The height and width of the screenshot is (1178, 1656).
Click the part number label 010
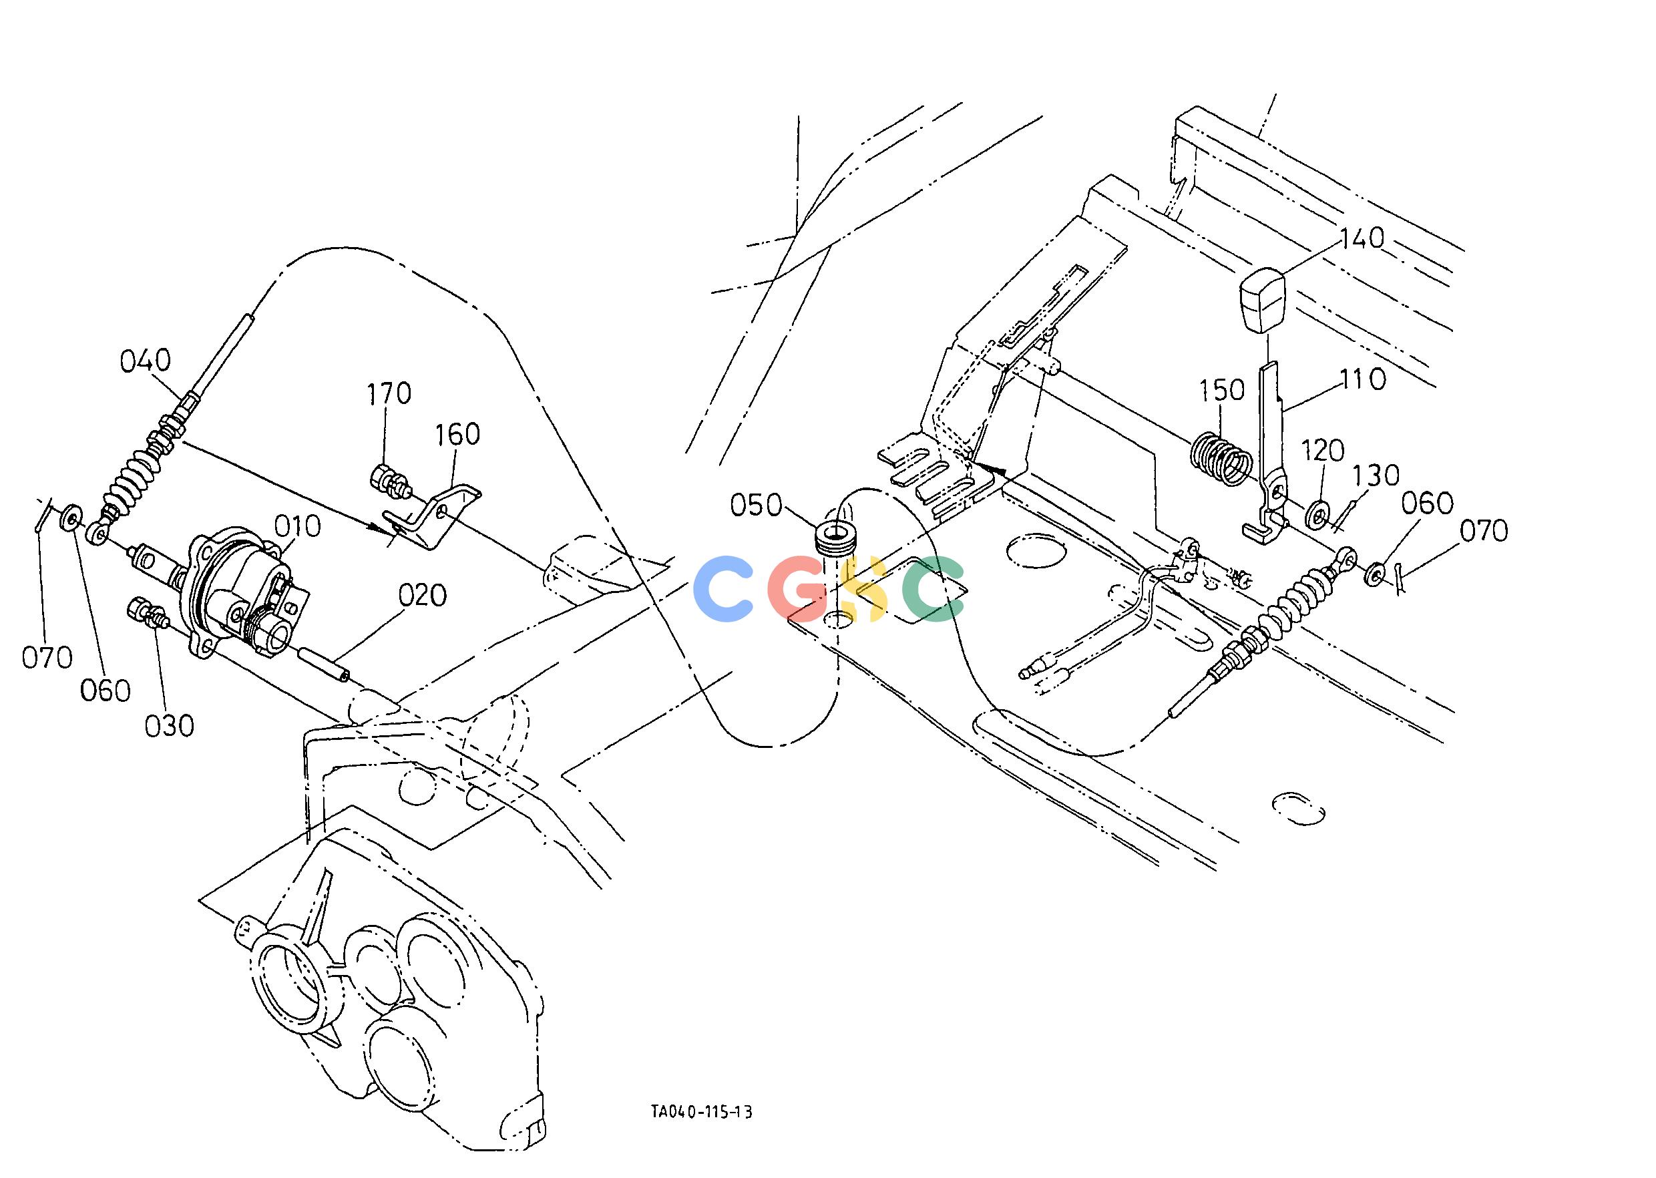coord(297,527)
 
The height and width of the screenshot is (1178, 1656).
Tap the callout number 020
coord(422,596)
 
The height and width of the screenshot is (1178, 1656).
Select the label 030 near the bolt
coord(169,726)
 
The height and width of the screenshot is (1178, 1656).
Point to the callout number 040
coord(145,361)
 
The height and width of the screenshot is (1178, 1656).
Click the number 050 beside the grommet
coord(756,506)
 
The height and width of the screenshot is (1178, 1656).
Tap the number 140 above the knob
coord(1362,238)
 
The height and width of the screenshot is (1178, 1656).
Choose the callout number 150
coord(1221,390)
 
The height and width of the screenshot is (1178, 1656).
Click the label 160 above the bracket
coord(457,435)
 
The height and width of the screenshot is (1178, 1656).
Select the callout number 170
coord(388,394)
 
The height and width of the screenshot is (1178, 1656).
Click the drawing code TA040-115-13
coord(701,1133)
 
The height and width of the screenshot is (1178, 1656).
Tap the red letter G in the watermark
coord(801,588)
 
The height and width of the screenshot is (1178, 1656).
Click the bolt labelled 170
coord(389,480)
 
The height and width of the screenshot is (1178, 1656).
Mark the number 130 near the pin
coord(1376,477)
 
